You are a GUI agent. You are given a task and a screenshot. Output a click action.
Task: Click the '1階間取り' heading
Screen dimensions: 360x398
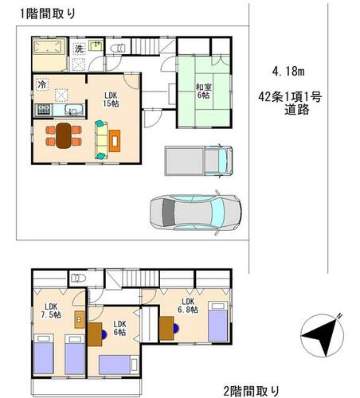(x=48, y=14)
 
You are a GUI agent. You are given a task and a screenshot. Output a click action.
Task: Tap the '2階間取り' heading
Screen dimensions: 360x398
(x=252, y=391)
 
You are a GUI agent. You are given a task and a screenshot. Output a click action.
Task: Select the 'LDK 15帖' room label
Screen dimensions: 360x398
(x=111, y=99)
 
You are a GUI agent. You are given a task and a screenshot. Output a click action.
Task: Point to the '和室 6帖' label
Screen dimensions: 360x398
(x=203, y=91)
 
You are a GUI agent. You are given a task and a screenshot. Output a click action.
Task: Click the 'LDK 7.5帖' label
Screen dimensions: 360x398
(x=51, y=310)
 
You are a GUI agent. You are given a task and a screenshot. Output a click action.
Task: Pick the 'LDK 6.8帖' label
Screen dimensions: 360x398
(x=188, y=305)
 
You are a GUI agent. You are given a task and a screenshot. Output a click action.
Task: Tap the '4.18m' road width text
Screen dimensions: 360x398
(x=288, y=71)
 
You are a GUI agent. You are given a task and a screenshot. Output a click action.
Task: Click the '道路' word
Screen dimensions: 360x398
(x=297, y=109)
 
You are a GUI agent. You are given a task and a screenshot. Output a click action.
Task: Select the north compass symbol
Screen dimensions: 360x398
(x=322, y=335)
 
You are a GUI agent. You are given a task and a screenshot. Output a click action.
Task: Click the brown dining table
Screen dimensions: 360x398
(x=64, y=135)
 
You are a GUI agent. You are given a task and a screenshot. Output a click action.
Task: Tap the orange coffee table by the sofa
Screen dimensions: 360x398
(x=115, y=141)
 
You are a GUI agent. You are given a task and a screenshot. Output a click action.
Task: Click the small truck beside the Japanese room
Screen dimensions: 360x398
(x=198, y=161)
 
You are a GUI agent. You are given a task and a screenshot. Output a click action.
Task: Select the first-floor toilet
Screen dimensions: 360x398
(x=117, y=49)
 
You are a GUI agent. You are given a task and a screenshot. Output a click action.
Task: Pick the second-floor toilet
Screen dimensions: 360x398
(x=78, y=278)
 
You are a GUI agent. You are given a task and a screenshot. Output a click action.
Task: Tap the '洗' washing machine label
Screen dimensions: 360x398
(x=79, y=49)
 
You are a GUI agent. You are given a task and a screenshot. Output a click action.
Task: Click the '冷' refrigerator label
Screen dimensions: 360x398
(x=41, y=84)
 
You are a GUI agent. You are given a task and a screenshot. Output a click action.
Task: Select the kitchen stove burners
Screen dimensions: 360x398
(x=44, y=109)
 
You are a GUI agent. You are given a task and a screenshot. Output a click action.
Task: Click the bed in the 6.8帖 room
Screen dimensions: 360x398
(x=218, y=322)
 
